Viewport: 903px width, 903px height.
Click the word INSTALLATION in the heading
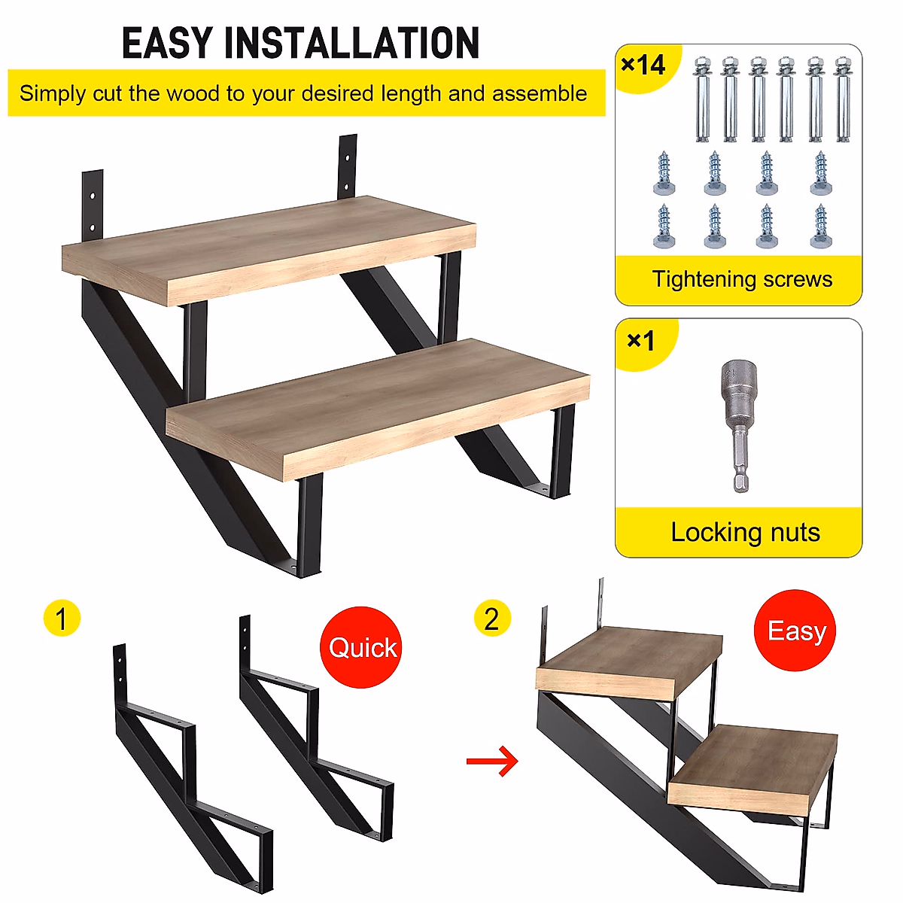352,43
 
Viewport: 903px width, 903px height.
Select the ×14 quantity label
643,65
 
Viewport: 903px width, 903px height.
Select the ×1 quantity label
641,342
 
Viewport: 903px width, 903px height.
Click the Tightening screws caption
741,279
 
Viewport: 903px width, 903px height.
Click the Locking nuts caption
745,533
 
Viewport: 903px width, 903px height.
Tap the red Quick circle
362,647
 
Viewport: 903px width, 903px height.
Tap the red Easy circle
795,631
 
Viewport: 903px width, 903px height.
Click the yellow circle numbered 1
62,619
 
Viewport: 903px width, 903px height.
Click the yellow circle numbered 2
492,619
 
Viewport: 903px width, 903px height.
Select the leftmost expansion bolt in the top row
702,99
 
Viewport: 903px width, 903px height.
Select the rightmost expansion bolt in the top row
843,99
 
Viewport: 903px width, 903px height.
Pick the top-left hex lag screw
664,175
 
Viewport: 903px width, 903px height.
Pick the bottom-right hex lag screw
820,227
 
